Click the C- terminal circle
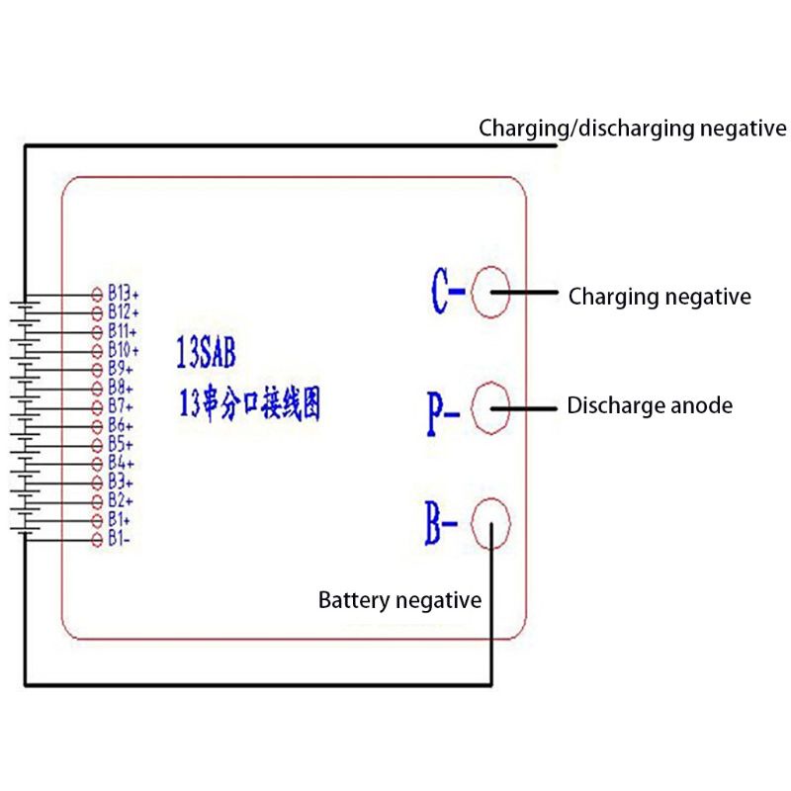click(x=490, y=294)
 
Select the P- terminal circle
click(x=490, y=407)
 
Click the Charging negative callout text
click(x=659, y=297)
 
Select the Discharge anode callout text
click(x=650, y=405)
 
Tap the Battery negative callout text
click(x=399, y=600)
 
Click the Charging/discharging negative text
click(x=633, y=129)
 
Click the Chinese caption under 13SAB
click(x=248, y=404)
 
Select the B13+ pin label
click(x=124, y=294)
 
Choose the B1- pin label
click(x=121, y=539)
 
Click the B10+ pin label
click(x=124, y=350)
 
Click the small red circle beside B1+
click(x=97, y=520)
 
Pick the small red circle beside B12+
click(x=97, y=312)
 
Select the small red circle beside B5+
click(x=97, y=445)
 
